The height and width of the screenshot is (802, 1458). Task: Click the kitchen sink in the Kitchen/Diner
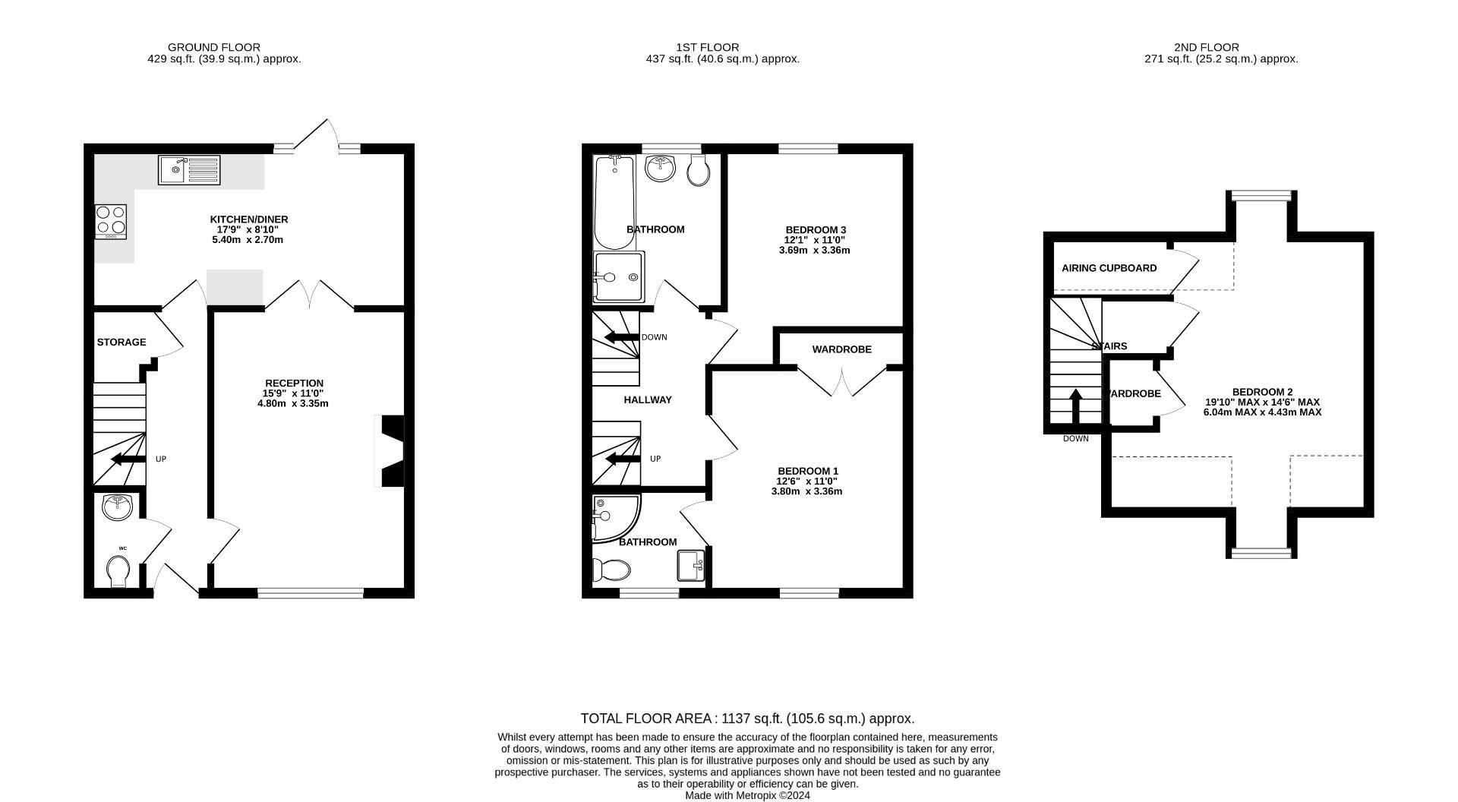pos(189,169)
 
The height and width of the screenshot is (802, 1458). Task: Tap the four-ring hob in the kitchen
pos(111,221)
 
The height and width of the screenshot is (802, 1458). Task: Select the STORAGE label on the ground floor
pos(121,343)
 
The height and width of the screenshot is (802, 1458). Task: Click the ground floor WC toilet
pos(118,570)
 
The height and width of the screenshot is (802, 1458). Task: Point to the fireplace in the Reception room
pos(392,451)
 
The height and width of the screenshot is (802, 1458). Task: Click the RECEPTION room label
pos(294,383)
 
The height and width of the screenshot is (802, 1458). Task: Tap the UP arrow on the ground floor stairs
pos(128,459)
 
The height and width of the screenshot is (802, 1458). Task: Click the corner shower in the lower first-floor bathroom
pos(614,518)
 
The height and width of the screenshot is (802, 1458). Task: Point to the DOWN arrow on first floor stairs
pos(620,337)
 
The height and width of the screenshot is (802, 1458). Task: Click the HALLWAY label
pos(648,399)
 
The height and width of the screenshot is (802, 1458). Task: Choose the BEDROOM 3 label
pos(816,229)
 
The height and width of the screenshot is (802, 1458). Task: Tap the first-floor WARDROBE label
pos(841,349)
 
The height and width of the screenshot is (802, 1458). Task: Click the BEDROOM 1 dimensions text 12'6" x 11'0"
pos(806,481)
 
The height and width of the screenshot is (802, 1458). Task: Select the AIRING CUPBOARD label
pos(1109,268)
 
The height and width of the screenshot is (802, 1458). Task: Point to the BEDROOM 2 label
pos(1262,392)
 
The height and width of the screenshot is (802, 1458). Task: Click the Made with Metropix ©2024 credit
pos(747,795)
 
